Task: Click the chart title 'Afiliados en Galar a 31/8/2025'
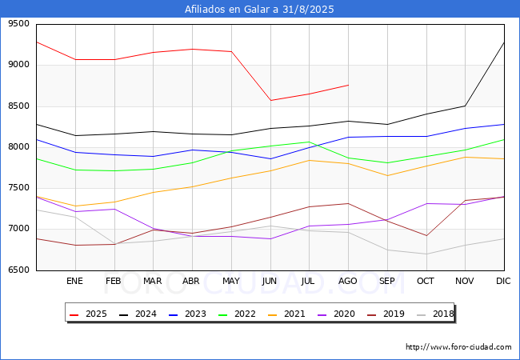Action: (x=259, y=10)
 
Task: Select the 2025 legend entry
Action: (x=87, y=314)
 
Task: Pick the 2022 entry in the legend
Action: (x=237, y=314)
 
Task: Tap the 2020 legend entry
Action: (x=336, y=314)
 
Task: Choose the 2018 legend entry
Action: (x=435, y=314)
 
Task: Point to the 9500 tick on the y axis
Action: (x=19, y=24)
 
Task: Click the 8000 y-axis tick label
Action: (x=19, y=147)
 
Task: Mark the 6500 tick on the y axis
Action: (x=19, y=270)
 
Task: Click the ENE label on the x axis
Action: (x=74, y=282)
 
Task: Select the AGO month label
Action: (x=348, y=282)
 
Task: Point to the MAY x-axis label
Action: (x=231, y=282)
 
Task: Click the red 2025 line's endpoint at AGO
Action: (x=348, y=85)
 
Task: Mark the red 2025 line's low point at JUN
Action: (x=270, y=101)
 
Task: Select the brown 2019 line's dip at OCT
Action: (x=426, y=236)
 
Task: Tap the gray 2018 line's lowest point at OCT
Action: (x=426, y=254)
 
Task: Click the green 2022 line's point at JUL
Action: (x=309, y=142)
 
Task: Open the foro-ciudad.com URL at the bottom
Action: (x=458, y=347)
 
